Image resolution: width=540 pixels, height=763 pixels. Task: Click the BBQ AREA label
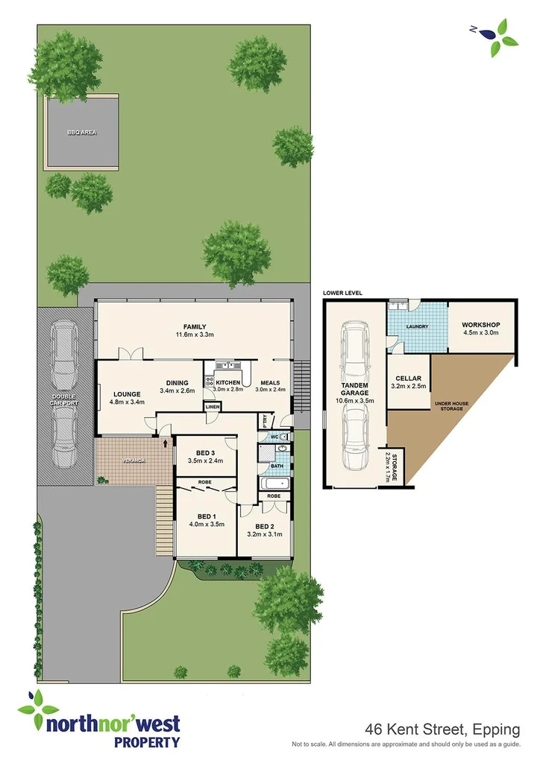[81, 133]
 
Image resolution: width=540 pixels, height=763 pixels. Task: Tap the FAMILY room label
[195, 326]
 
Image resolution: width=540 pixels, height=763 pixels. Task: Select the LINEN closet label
[213, 407]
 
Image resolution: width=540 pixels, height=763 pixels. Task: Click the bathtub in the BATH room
[274, 484]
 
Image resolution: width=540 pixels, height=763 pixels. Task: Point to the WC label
[274, 437]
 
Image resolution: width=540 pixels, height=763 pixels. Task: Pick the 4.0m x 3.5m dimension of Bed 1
[206, 525]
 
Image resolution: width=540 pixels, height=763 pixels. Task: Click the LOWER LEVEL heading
[342, 294]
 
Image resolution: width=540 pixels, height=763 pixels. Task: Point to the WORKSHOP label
[480, 326]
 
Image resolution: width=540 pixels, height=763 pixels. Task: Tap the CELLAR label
[408, 378]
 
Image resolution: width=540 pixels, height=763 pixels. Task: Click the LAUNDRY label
[415, 326]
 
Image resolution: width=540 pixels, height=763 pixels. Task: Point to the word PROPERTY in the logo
[146, 742]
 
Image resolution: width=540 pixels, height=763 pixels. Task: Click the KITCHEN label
[228, 383]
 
